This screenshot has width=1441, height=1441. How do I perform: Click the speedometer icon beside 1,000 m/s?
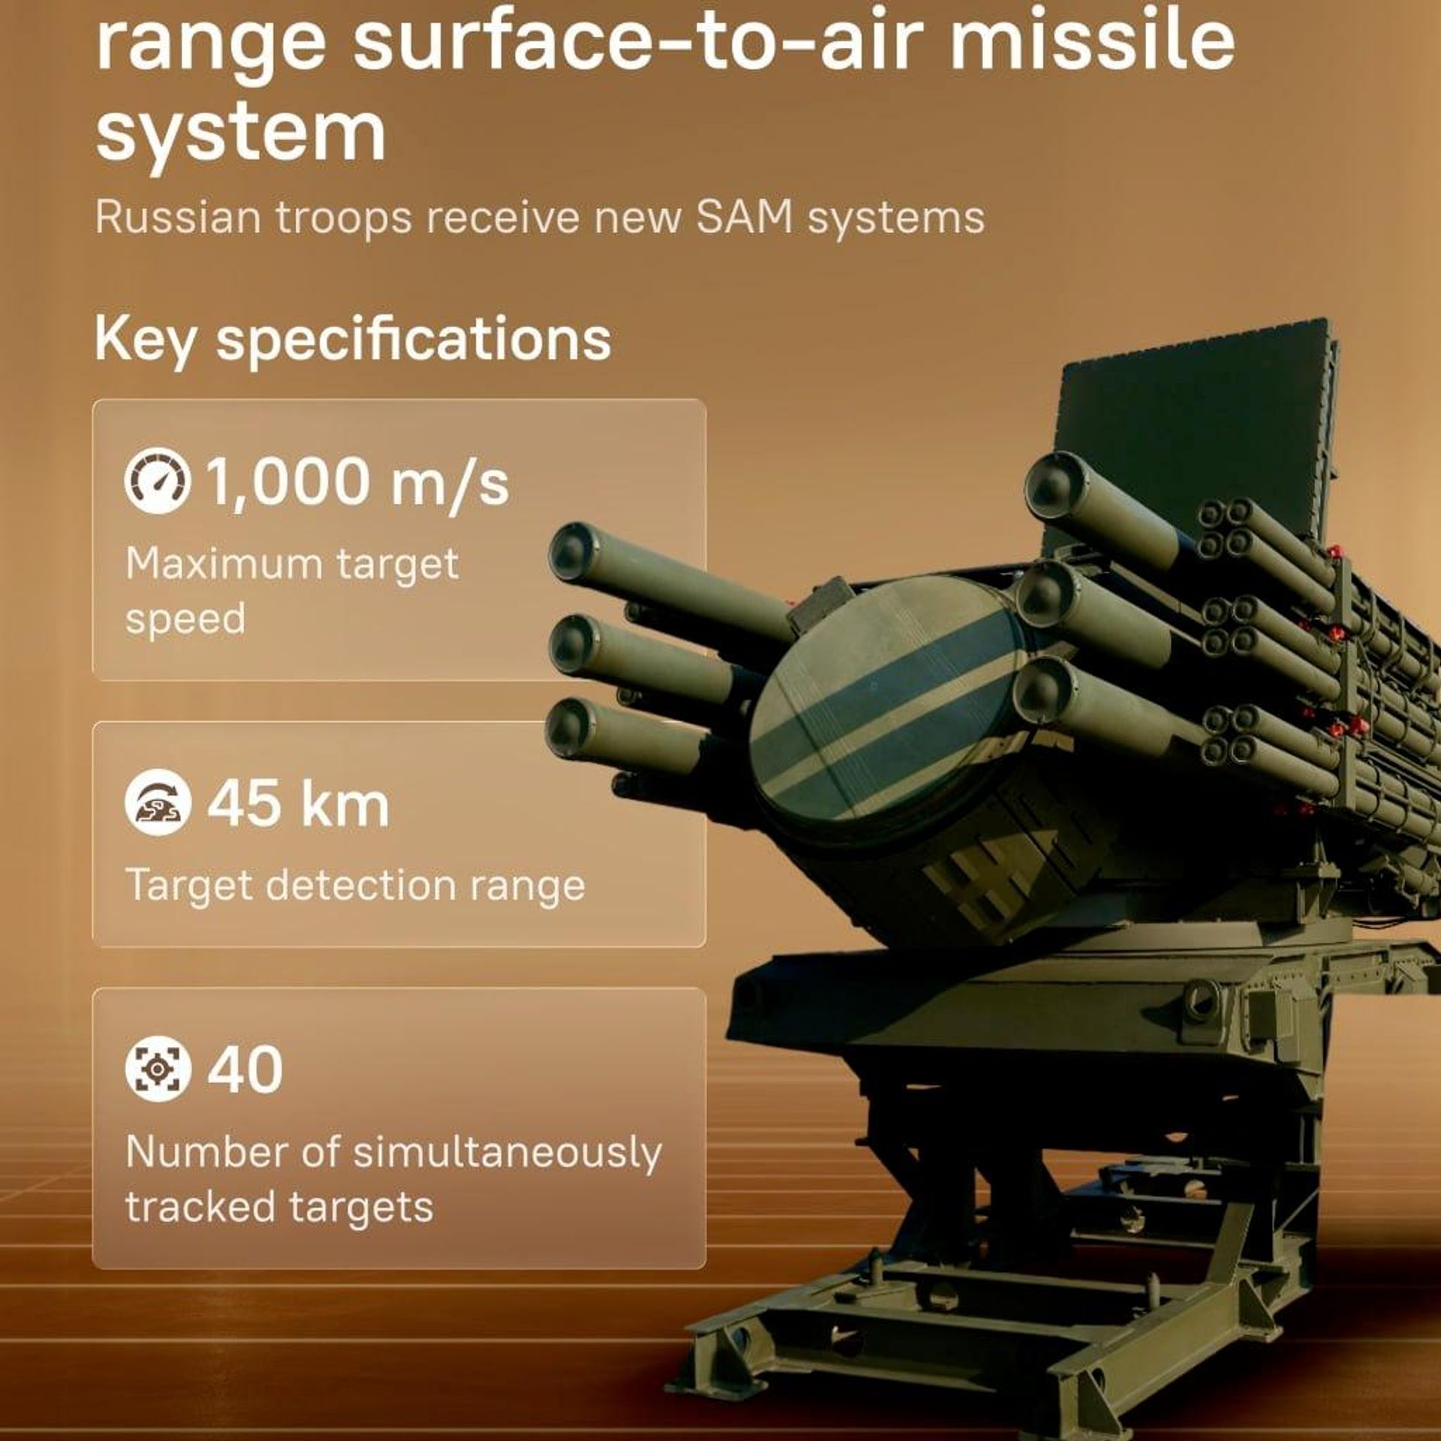[157, 481]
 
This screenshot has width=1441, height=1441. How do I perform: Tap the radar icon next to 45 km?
[157, 802]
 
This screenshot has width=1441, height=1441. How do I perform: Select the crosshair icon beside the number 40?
[157, 1069]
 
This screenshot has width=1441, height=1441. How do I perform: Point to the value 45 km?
[299, 803]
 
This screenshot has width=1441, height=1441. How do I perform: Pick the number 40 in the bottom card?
[245, 1069]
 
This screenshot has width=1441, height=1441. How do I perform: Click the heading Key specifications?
[353, 339]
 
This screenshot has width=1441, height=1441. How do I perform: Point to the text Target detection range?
[355, 886]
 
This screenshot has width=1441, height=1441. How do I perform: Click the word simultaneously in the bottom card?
[507, 1153]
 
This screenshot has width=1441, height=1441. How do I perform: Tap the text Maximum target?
[292, 564]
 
